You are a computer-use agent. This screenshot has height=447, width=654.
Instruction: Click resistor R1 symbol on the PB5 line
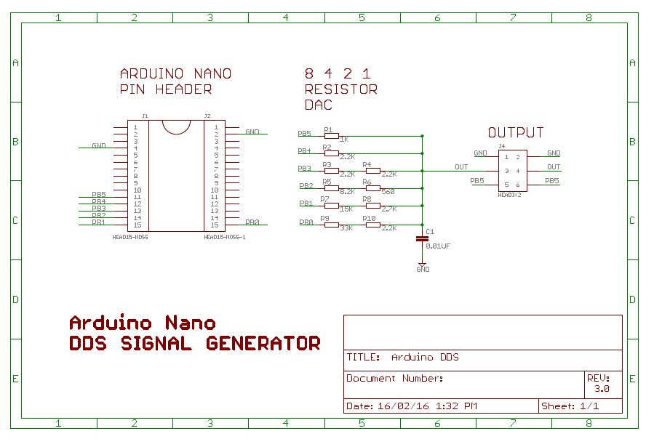point(332,135)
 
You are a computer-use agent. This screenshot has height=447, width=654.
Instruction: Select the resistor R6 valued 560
point(372,188)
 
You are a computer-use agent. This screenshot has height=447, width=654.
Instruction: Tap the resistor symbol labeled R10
point(372,225)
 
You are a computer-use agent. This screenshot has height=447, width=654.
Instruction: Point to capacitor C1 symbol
point(422,238)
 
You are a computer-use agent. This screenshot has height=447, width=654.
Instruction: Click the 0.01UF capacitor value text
point(438,246)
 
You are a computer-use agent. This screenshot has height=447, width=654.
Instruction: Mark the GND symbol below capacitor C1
point(423,267)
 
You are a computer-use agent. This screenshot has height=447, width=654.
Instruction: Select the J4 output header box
point(512,171)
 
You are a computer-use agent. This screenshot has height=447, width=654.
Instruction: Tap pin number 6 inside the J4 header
point(518,185)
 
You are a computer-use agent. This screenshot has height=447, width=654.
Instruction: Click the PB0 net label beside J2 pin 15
point(252,222)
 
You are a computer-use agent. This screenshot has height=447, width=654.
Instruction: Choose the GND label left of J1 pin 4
point(99,146)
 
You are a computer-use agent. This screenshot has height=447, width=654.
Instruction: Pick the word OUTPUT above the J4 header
point(516,133)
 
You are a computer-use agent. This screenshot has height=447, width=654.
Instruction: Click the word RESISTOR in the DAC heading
point(340,89)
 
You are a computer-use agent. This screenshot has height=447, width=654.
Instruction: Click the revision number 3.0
point(602,389)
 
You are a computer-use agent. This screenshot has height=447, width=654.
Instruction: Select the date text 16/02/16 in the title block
point(397,406)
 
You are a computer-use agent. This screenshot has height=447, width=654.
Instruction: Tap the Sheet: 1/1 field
point(570,406)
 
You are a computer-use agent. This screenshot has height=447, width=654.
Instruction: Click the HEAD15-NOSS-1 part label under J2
point(224,237)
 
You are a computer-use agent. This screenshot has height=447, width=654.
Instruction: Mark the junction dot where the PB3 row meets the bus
point(422,171)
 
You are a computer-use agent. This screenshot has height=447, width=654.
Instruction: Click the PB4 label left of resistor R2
point(304,151)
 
